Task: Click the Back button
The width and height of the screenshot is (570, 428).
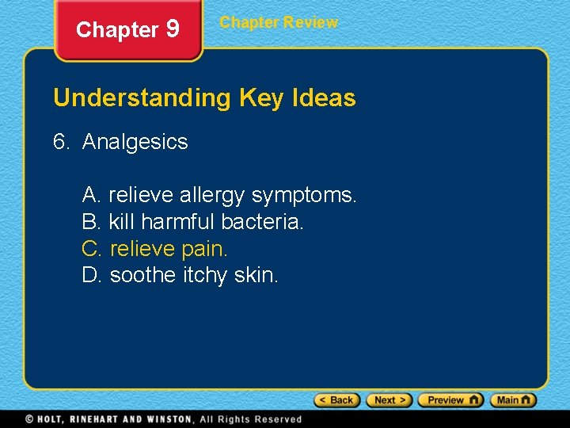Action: [x=337, y=400]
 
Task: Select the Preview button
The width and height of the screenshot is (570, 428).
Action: [x=450, y=400]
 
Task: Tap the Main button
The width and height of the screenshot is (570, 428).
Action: [x=513, y=400]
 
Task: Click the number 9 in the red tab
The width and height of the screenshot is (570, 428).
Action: [x=173, y=29]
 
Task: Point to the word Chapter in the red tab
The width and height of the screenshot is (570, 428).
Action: [x=117, y=30]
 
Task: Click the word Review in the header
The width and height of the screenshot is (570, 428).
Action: [x=311, y=22]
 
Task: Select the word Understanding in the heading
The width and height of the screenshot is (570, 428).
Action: [x=141, y=98]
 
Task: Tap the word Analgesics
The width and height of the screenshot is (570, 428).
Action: [x=135, y=142]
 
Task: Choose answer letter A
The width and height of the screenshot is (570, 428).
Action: [x=90, y=193]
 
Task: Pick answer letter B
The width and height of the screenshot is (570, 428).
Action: [x=90, y=221]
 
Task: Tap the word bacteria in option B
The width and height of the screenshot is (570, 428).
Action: [x=262, y=221]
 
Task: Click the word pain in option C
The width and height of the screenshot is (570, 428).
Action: [x=204, y=249]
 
